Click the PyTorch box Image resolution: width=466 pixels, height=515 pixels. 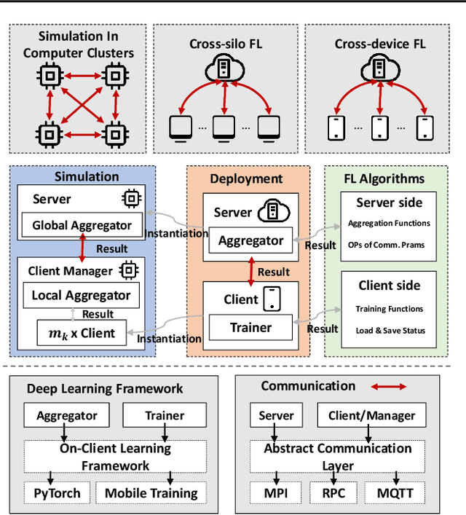point(52,493)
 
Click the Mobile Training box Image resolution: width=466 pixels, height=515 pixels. point(151,493)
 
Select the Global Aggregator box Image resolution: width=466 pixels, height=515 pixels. point(82,226)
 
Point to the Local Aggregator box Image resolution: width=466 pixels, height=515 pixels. point(82,295)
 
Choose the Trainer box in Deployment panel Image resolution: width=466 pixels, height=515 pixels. point(250,329)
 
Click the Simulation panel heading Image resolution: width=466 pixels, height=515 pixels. point(87,176)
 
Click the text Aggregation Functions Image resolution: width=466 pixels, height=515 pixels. point(388,224)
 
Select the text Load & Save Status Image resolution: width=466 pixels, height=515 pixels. point(390,331)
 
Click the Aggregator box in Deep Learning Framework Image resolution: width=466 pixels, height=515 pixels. point(66,416)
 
